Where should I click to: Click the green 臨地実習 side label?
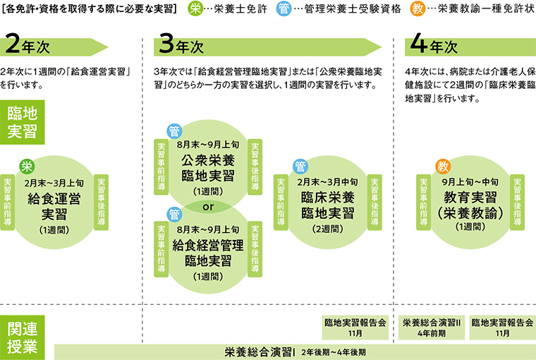click(23, 122)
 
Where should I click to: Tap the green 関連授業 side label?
click(23, 337)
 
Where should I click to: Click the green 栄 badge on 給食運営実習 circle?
click(27, 167)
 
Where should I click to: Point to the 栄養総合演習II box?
click(431, 326)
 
